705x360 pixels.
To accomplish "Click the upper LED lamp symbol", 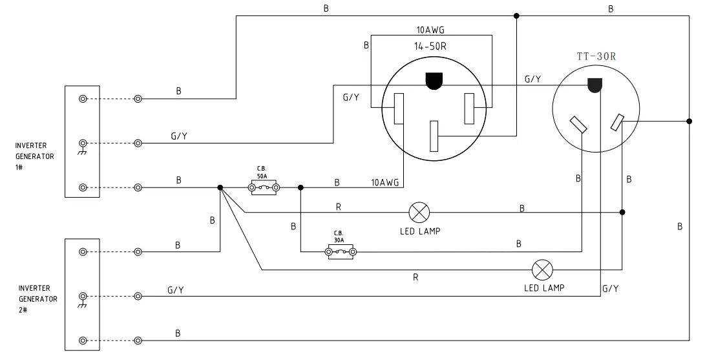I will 420,211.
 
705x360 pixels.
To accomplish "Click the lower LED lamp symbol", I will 542,269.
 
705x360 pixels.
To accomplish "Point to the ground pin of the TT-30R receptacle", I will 595,85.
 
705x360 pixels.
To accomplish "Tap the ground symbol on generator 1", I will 83,146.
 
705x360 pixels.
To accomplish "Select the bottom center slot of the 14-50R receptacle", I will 435,136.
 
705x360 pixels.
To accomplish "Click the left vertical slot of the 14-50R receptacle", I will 399,107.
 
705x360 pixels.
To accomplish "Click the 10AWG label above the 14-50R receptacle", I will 430,30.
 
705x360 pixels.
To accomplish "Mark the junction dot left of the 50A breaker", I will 220,188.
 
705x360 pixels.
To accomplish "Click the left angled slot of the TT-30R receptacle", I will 578,125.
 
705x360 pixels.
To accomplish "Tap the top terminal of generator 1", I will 83,99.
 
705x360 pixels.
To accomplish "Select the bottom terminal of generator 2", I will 83,340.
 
